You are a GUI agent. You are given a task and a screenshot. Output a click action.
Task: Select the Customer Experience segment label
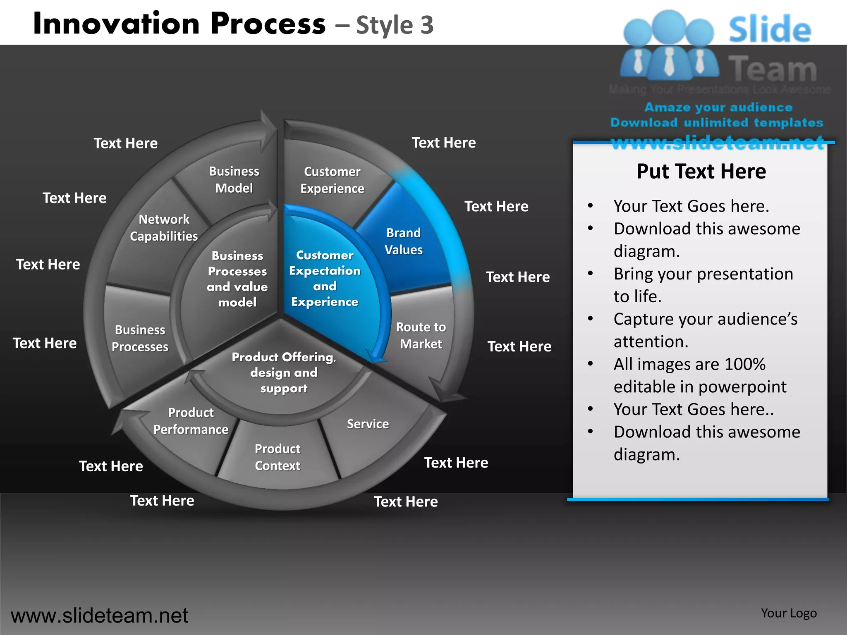(332, 180)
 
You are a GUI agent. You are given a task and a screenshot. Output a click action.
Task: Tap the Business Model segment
(234, 180)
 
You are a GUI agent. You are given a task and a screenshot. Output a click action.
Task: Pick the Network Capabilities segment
(164, 228)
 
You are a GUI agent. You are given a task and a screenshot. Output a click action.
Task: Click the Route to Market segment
(421, 335)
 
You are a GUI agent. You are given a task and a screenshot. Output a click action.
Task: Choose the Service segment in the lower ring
(368, 424)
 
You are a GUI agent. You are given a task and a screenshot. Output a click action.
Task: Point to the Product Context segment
(278, 457)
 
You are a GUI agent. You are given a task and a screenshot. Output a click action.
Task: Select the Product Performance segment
(191, 421)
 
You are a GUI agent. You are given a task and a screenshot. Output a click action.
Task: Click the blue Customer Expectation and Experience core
(325, 278)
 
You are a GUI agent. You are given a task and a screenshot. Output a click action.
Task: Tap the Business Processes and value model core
(237, 279)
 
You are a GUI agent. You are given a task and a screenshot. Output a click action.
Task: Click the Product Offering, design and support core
(284, 372)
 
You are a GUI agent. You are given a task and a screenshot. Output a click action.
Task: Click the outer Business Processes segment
(140, 338)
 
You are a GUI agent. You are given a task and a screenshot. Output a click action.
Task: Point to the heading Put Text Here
(701, 172)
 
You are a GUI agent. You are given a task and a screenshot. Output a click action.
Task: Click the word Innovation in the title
(117, 24)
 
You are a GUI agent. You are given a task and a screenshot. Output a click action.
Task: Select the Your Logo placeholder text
(789, 613)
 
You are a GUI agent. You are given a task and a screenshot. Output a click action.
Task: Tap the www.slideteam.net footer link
(99, 616)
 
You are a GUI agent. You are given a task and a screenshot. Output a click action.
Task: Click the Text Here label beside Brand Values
(496, 206)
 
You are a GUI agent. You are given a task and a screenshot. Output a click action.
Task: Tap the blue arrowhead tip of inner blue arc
(376, 358)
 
